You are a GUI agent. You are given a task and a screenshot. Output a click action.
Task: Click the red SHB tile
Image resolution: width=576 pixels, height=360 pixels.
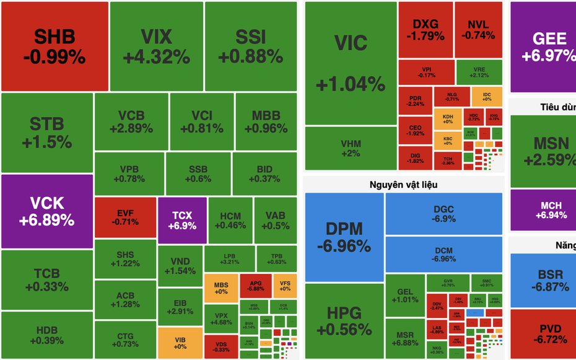[x=55, y=46]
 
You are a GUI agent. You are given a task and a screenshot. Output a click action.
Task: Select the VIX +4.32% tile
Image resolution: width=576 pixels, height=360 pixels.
[x=156, y=46]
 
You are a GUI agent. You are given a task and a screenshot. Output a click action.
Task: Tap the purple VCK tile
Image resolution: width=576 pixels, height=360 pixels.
[x=47, y=211]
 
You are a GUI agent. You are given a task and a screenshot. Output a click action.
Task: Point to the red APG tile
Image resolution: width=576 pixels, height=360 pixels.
[x=255, y=284]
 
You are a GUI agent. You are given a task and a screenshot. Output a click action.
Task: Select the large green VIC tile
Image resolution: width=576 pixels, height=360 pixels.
[x=351, y=63]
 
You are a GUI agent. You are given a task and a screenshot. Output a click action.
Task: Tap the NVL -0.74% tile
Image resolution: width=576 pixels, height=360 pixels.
[x=478, y=30]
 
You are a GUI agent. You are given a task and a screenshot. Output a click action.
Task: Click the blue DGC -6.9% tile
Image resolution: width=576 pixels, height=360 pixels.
[x=443, y=214]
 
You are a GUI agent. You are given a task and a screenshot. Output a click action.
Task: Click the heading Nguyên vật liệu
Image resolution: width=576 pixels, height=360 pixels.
[x=403, y=184]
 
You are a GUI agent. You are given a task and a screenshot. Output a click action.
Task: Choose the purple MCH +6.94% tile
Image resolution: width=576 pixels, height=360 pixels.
[x=543, y=210]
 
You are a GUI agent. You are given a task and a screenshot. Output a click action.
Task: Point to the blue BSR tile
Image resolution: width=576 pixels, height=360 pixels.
[x=543, y=281]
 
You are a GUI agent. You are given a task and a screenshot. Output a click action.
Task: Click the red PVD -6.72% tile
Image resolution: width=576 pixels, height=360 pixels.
[x=543, y=334]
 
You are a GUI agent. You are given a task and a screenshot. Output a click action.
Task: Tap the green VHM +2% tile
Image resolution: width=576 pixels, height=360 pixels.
[x=351, y=148]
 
